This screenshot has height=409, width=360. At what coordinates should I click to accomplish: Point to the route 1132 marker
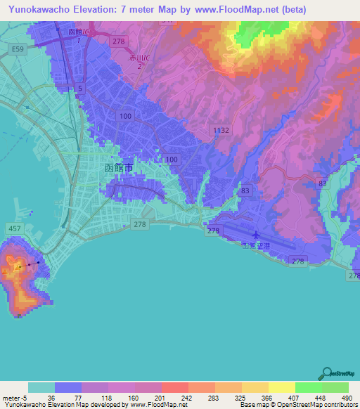tap(221, 130)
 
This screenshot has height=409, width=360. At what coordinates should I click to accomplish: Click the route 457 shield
tap(13, 229)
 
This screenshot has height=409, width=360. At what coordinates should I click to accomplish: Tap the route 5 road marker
tap(80, 89)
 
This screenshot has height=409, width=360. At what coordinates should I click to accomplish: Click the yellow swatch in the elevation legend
tap(281, 387)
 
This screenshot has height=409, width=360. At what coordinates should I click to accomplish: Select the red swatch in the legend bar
tap(174, 387)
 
